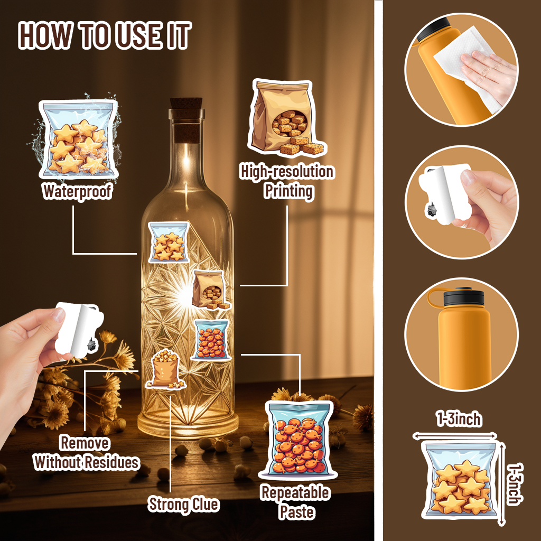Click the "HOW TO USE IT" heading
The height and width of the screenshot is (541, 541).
click(104, 35)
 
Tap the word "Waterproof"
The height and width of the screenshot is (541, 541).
click(77, 191)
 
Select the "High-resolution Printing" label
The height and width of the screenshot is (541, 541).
click(287, 182)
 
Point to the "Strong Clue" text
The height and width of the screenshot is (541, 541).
click(183, 505)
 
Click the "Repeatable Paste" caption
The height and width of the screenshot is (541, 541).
click(296, 502)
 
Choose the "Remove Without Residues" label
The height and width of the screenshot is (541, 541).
click(86, 453)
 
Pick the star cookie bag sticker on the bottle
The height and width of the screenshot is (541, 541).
click(169, 242)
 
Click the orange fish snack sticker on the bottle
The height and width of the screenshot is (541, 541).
click(211, 340)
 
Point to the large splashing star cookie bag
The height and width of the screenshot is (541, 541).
click(78, 139)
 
